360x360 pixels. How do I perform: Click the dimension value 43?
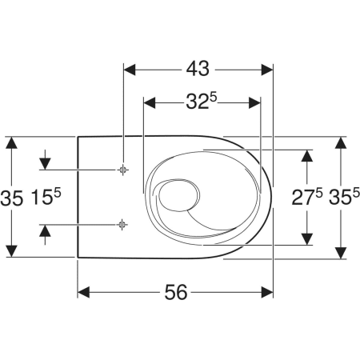(x=198, y=69)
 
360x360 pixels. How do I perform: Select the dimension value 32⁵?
(x=202, y=102)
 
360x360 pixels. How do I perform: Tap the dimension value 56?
(x=176, y=292)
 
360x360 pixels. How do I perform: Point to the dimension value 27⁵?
(x=307, y=197)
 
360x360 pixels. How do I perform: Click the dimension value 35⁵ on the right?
(x=344, y=197)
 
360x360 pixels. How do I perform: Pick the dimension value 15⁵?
(x=46, y=197)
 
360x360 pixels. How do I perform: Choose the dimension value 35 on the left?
(x=12, y=198)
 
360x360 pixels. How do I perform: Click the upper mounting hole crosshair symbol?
(x=122, y=170)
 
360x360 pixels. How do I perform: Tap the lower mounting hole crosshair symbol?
(x=122, y=225)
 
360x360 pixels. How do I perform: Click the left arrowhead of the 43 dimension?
(x=130, y=70)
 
